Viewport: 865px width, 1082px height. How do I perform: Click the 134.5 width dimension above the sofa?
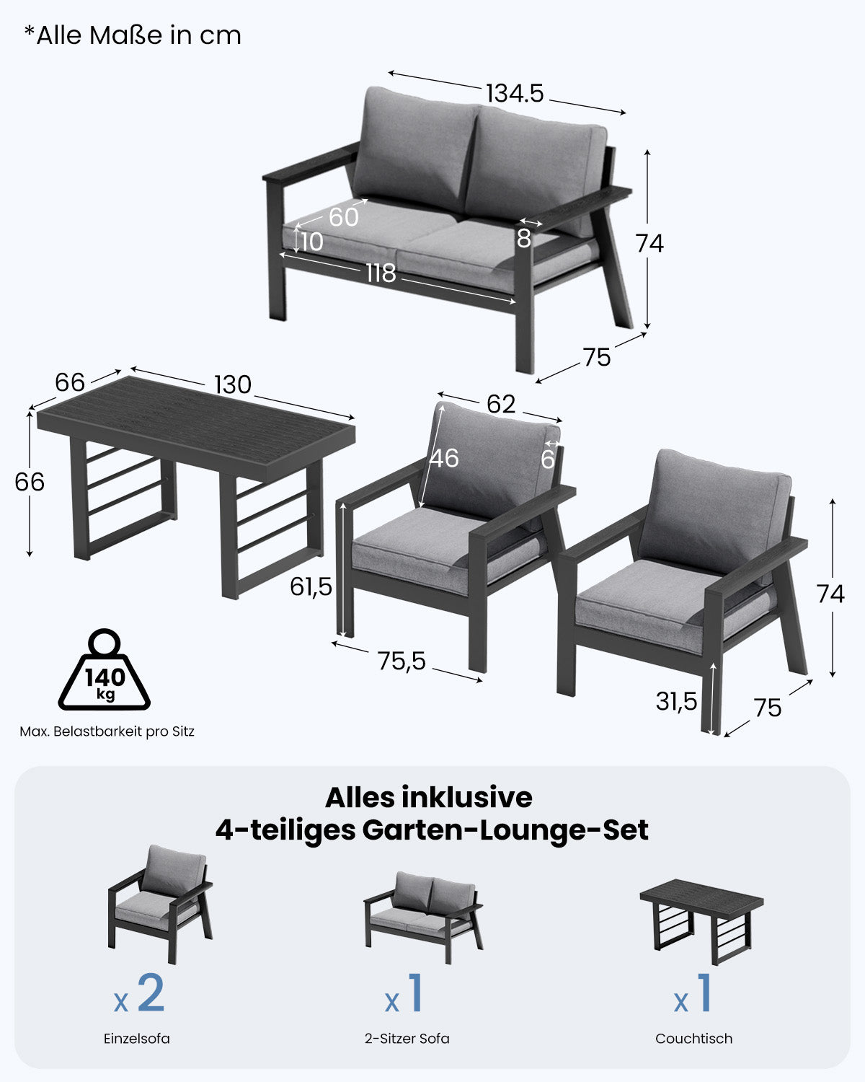point(514,93)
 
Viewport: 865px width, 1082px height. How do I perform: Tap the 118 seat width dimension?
point(381,273)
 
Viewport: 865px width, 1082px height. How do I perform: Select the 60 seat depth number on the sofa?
point(344,216)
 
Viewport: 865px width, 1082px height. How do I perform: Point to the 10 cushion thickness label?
point(311,242)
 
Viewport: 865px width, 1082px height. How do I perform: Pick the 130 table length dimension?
point(233,384)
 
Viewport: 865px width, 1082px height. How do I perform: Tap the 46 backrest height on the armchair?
point(444,458)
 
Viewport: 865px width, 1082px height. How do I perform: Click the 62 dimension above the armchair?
point(501,404)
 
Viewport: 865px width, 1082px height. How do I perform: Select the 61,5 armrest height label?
point(311,587)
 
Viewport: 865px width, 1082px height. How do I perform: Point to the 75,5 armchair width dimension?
point(402,661)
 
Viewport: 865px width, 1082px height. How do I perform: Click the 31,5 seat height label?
point(677,700)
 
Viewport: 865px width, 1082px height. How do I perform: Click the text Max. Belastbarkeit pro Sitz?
point(107,731)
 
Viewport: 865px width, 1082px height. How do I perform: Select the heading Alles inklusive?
point(428,797)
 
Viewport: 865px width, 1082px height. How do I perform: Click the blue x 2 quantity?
point(141,995)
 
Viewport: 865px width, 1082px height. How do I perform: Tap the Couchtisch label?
point(693,1039)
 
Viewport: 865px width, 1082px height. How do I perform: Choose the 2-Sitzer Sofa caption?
point(407,1039)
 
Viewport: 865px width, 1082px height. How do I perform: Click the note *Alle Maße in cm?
point(133,35)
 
